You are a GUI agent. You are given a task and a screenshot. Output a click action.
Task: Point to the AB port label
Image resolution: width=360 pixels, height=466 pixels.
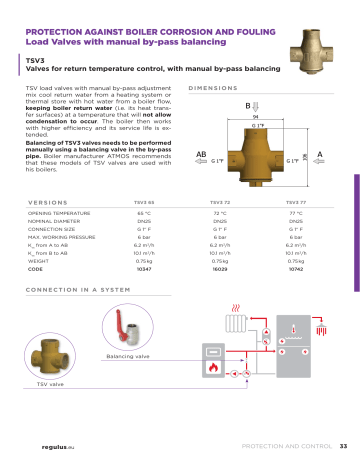coord(200,154)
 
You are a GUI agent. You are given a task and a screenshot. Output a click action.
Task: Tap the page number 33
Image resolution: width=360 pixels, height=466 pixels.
coord(342,446)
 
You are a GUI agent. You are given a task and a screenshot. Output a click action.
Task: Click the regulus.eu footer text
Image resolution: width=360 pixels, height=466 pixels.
coord(38,446)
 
